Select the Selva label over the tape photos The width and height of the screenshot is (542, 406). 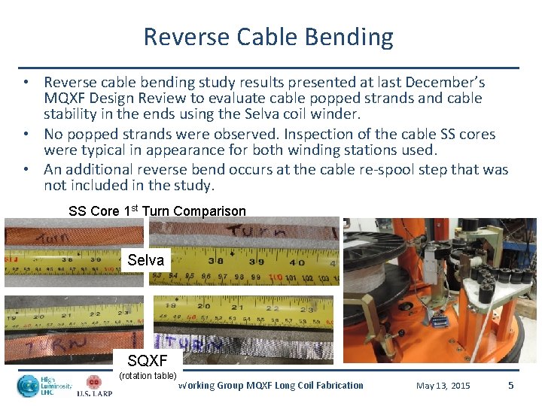(x=145, y=260)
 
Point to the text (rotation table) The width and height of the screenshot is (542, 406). (x=148, y=375)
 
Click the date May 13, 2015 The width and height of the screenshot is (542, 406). (x=443, y=386)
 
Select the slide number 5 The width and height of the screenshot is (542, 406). (x=511, y=385)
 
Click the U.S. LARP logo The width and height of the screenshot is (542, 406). (x=93, y=386)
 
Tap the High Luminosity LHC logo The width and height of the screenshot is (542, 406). (x=44, y=386)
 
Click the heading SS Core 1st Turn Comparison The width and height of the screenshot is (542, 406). (x=157, y=211)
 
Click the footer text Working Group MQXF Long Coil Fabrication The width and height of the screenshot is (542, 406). (x=271, y=386)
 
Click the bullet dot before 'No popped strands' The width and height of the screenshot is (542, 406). (x=26, y=134)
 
